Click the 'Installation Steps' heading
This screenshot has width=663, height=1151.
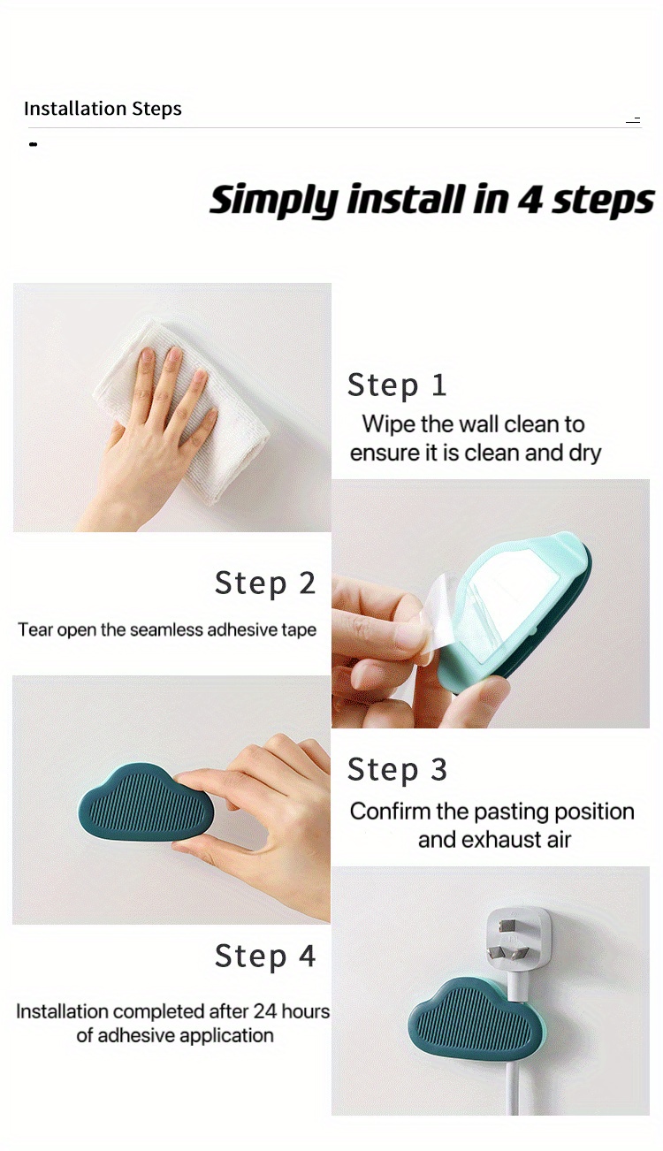(x=103, y=109)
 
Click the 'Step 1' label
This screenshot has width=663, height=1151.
(x=397, y=385)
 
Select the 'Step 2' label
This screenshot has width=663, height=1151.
(x=264, y=583)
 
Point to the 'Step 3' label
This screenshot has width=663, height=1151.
(x=397, y=770)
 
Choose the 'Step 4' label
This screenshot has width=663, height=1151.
(x=264, y=957)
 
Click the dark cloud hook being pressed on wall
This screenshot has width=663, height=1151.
(x=146, y=803)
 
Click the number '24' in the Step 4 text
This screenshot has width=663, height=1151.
(x=265, y=1010)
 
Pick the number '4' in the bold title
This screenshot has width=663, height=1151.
(x=530, y=201)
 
